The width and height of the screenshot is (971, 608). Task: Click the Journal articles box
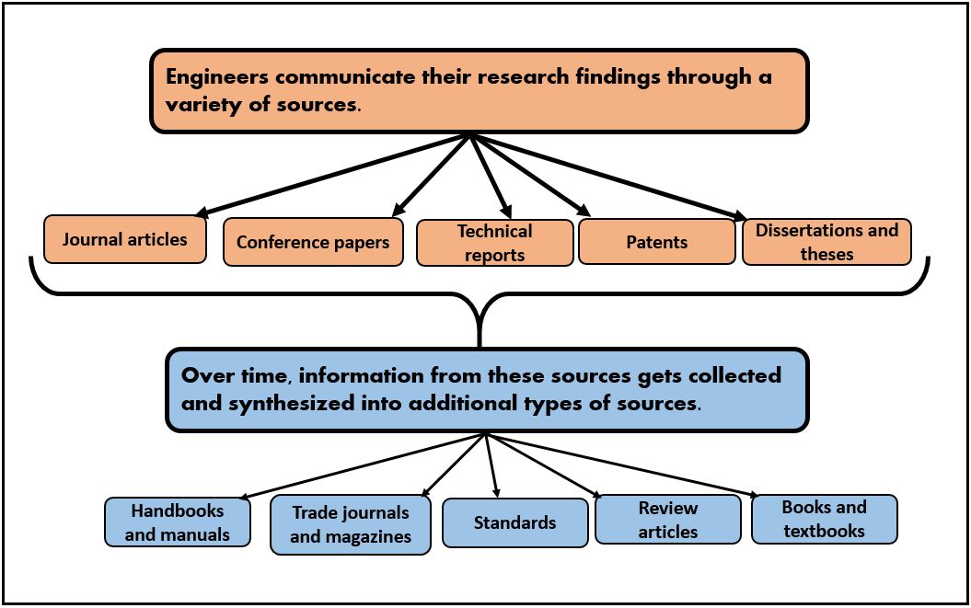[x=125, y=239]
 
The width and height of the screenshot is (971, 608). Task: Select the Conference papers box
[x=313, y=242]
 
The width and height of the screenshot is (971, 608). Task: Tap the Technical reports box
[x=495, y=243]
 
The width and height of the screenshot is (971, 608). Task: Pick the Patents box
[x=656, y=242]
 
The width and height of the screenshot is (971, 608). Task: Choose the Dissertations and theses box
[x=827, y=242]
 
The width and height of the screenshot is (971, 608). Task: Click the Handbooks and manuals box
[x=177, y=522]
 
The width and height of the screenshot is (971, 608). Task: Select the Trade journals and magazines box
[x=350, y=524]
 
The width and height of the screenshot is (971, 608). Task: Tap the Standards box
[x=514, y=522]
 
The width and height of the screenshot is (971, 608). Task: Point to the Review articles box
[x=667, y=520]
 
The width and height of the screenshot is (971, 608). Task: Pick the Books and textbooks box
[x=824, y=519]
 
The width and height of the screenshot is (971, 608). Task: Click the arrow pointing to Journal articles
[x=331, y=175]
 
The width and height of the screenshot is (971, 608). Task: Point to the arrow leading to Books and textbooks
[x=626, y=466]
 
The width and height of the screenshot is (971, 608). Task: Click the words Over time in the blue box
[x=235, y=375]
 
